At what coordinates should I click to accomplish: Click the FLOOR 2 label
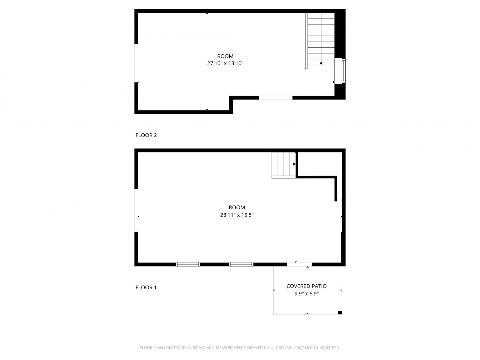pyautogui.click(x=146, y=135)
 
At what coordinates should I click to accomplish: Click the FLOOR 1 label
pyautogui.click(x=146, y=288)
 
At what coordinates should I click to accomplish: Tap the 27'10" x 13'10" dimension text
pyautogui.click(x=225, y=64)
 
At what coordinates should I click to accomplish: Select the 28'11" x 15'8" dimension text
pyautogui.click(x=236, y=215)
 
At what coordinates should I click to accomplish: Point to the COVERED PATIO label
pyautogui.click(x=306, y=286)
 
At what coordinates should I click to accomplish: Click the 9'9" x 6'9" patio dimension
pyautogui.click(x=306, y=294)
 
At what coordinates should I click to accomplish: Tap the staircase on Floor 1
pyautogui.click(x=283, y=164)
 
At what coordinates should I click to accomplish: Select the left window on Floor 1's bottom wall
pyautogui.click(x=188, y=264)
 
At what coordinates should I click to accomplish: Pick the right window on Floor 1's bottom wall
pyautogui.click(x=241, y=264)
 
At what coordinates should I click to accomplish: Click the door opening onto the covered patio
pyautogui.click(x=299, y=264)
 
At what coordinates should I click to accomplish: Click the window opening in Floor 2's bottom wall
pyautogui.click(x=276, y=98)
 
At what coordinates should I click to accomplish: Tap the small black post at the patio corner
pyautogui.click(x=340, y=313)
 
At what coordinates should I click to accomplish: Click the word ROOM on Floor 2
pyautogui.click(x=225, y=56)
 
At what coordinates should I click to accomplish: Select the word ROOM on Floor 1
pyautogui.click(x=236, y=208)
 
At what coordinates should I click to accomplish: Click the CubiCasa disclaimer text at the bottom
pyautogui.click(x=240, y=348)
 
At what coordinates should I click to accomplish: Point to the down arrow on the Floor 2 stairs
pyautogui.click(x=321, y=63)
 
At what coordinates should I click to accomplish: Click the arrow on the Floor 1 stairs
pyautogui.click(x=294, y=164)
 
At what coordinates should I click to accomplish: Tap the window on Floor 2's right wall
pyautogui.click(x=343, y=71)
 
